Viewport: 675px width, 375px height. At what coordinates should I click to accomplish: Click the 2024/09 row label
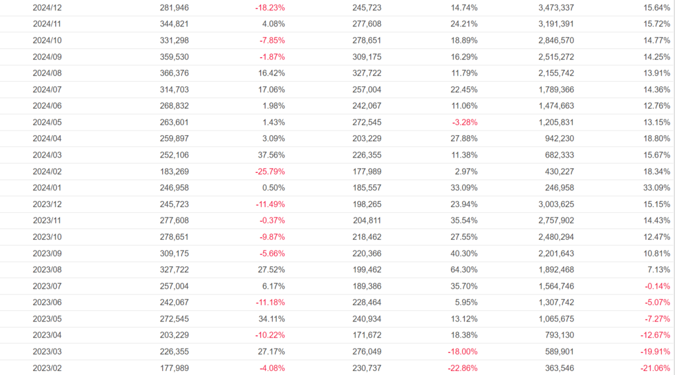click(x=47, y=57)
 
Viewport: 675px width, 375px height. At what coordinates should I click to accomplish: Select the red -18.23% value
click(x=270, y=8)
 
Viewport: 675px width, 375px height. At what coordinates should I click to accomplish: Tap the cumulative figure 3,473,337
click(x=551, y=8)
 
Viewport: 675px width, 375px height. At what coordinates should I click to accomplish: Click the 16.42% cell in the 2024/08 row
click(x=272, y=73)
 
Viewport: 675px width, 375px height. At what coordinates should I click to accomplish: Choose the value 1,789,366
click(x=551, y=90)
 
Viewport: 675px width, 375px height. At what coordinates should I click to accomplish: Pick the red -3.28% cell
click(x=464, y=123)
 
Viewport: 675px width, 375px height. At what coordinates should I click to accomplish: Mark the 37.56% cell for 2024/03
click(x=272, y=155)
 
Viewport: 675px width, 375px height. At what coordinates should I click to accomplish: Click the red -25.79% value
click(x=270, y=171)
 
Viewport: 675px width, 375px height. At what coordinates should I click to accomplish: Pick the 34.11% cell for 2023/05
click(x=272, y=318)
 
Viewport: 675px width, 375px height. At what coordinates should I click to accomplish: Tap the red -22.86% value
click(x=462, y=368)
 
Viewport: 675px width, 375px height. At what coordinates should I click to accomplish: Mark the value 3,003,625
click(x=551, y=204)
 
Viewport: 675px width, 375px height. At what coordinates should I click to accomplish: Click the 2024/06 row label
click(x=47, y=106)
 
